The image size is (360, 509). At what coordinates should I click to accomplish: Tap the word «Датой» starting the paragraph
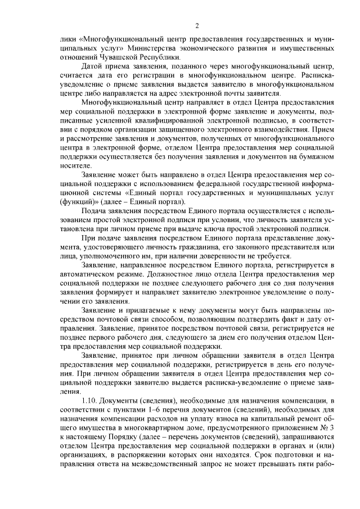[94, 66]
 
